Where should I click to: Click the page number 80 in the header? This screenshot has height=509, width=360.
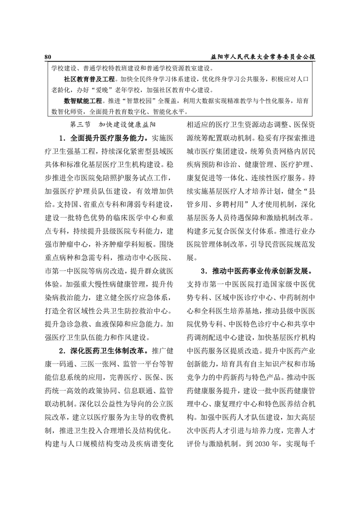click(48, 57)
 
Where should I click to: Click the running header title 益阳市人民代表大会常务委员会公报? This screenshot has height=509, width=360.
click(263, 57)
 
